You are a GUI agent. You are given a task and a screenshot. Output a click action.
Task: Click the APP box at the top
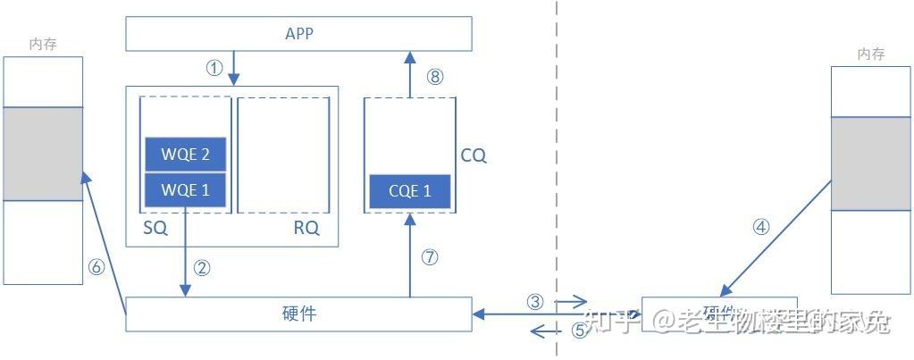[x=298, y=34]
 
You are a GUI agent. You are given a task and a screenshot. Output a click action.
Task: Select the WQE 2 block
[x=186, y=155]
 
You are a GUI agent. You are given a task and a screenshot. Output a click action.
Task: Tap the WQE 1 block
[x=186, y=189]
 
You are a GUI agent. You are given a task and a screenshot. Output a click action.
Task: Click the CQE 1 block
[x=410, y=191]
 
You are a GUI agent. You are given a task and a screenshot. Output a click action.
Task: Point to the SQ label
[x=155, y=228]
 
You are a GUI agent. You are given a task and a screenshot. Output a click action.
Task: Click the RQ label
[x=306, y=228]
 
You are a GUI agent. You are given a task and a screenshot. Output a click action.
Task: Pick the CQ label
[x=474, y=155]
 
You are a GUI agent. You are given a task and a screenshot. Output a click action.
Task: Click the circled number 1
[x=214, y=69]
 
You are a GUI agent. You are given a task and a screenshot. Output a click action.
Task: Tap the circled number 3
[x=535, y=302]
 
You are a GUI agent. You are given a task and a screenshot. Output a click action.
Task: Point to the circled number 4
[x=760, y=227]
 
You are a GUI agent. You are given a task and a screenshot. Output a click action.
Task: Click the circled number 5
[x=579, y=331]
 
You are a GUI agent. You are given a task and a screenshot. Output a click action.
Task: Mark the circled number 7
[x=430, y=257]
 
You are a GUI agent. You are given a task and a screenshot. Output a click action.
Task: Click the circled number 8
[x=435, y=77]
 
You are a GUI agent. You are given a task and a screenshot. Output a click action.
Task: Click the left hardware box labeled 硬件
[x=298, y=314]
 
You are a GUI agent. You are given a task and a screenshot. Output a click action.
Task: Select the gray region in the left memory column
[x=43, y=154]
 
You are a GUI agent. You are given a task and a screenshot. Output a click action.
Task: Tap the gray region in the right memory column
[x=870, y=164]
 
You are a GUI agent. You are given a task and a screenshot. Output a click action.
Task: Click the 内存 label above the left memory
[x=43, y=44]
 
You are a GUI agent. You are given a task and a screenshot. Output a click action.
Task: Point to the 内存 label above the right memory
[x=870, y=54]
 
